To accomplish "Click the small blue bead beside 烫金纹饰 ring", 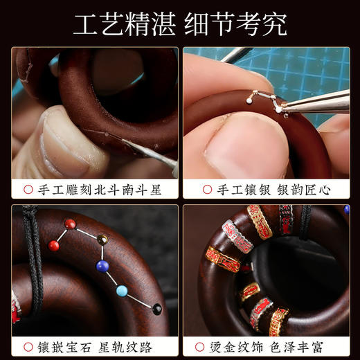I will click(347, 209).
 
